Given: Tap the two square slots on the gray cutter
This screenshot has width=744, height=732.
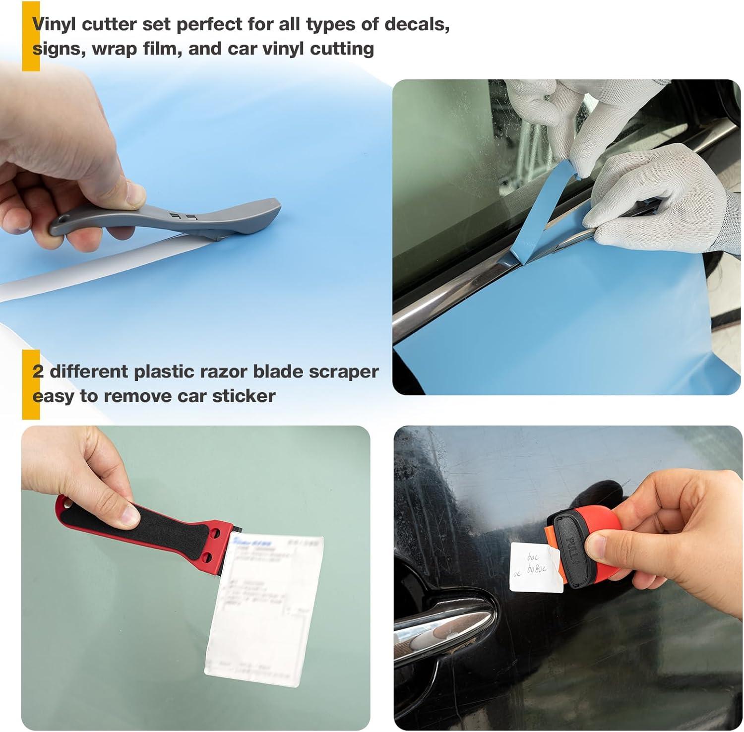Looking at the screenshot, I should point(183,216).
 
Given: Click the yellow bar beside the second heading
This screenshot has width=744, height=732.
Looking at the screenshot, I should point(31,384).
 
